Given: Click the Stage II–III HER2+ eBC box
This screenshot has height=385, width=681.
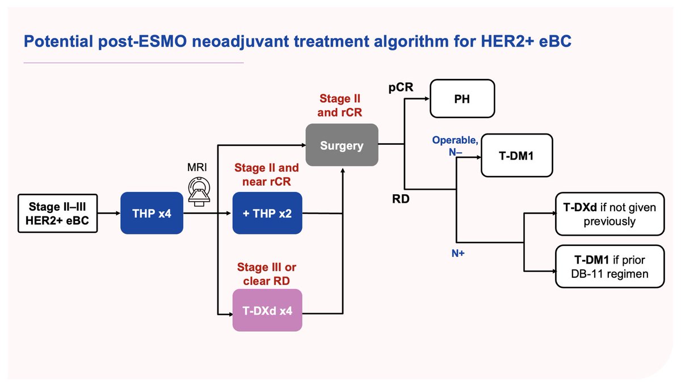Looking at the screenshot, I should (x=57, y=214).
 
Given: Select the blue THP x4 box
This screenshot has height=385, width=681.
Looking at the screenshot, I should (x=152, y=214).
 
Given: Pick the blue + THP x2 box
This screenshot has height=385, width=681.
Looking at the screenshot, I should (x=267, y=214).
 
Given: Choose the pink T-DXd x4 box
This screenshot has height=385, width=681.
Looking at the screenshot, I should (x=267, y=310).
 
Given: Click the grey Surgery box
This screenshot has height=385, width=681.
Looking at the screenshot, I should (x=342, y=145).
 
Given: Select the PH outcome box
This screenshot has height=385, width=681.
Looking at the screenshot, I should (x=463, y=98).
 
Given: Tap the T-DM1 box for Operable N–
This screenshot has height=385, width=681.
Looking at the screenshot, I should (x=516, y=156).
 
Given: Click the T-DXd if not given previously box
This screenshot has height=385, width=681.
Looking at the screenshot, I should (x=609, y=215).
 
